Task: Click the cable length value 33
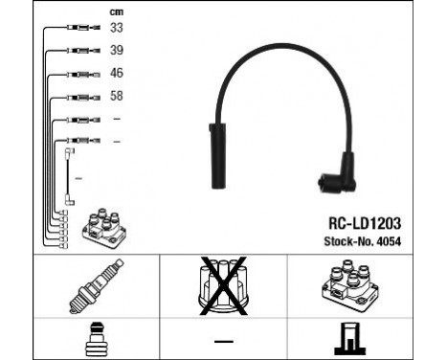117,29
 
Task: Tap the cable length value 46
117,72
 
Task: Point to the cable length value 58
117,96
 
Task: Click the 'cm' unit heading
117,11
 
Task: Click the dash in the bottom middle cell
224,340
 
